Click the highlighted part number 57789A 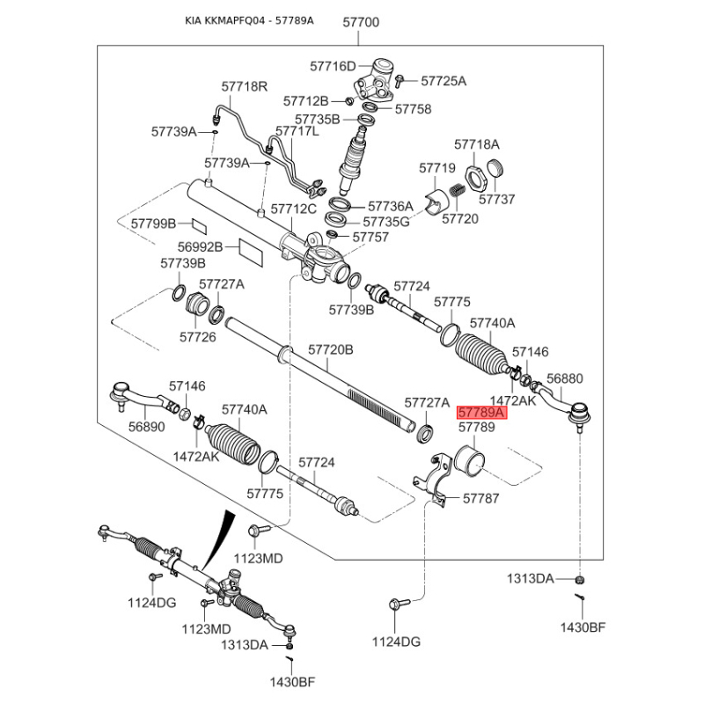coord(480,412)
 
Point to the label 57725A coord(444,81)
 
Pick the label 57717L coord(297,131)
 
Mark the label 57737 coord(497,199)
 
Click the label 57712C coord(293,209)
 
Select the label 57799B coord(154,224)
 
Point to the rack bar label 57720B coord(331,350)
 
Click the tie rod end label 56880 coord(564,378)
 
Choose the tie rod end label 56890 coord(147,425)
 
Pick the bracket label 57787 coord(480,499)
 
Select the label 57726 coord(197,336)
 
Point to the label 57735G coord(386,222)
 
